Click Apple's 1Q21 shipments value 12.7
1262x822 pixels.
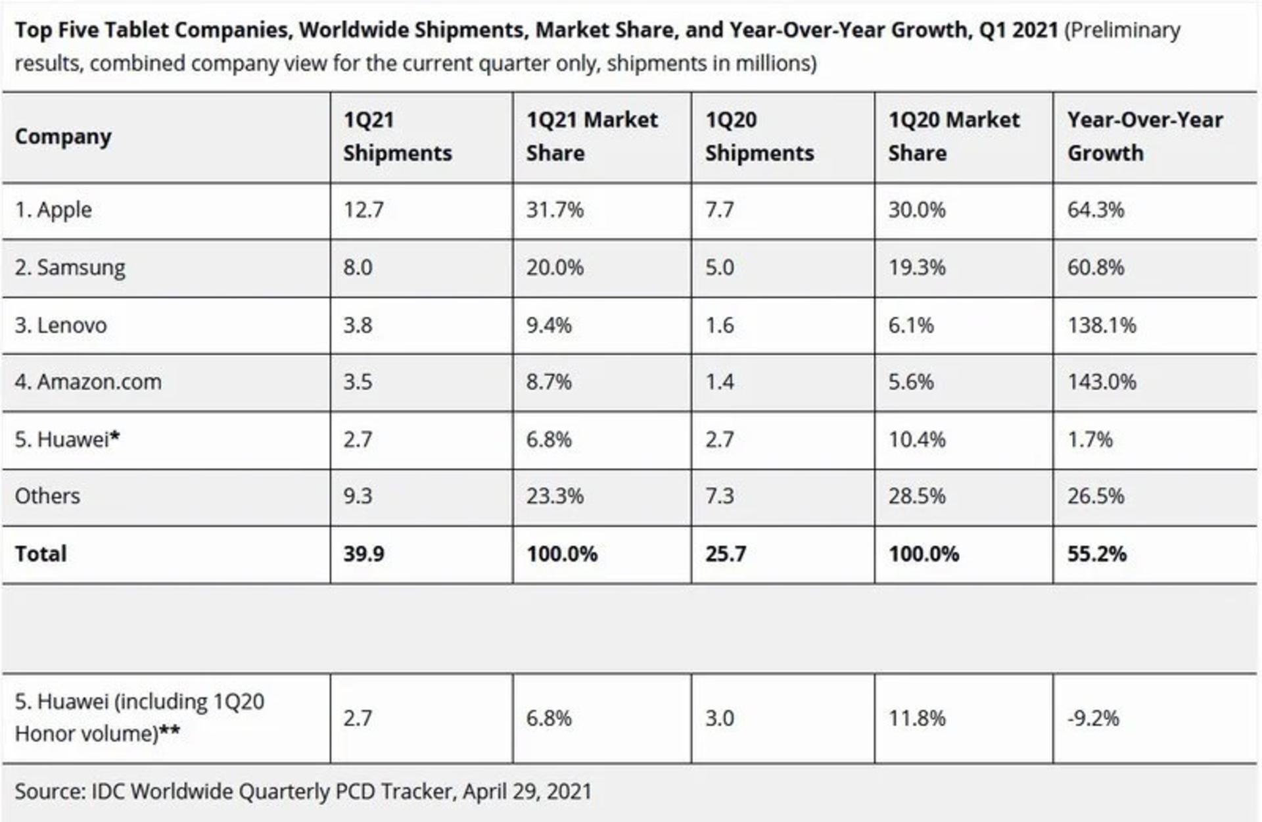[363, 210]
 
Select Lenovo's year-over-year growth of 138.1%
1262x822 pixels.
[1102, 325]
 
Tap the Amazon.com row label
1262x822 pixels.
[88, 381]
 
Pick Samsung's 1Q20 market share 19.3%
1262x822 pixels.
[917, 267]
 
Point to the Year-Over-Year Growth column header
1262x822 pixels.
[1145, 136]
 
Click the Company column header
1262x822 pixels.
[63, 137]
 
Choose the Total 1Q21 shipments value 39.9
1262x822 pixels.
[363, 554]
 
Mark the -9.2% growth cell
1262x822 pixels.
[1093, 717]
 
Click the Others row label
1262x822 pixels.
[47, 496]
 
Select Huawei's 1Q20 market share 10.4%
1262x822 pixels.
[917, 439]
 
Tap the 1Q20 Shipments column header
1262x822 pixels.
[760, 136]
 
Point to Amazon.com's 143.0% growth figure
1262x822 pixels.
[1102, 381]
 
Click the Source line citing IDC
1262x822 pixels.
[303, 791]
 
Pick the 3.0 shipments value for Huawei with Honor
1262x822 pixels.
[720, 717]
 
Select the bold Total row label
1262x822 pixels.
[41, 554]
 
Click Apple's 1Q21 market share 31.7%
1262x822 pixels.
[555, 210]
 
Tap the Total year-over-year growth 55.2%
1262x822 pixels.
[1097, 554]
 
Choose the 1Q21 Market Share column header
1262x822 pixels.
[592, 136]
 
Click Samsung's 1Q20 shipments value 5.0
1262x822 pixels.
[720, 267]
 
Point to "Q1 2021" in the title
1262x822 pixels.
[1018, 30]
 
